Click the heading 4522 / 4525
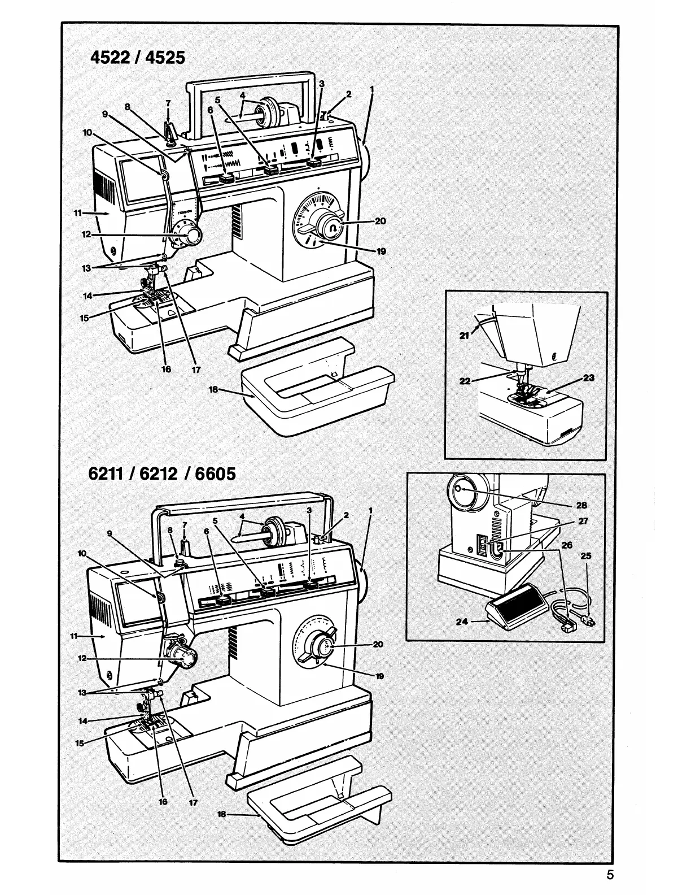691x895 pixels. tap(137, 57)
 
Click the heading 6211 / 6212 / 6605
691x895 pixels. tap(162, 472)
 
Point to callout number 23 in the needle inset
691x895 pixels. tap(589, 377)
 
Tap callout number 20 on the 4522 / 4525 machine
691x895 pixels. tap(381, 221)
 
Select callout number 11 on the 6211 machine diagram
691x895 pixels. tap(73, 636)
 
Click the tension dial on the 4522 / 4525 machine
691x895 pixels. tap(190, 234)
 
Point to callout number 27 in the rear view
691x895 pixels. tap(584, 521)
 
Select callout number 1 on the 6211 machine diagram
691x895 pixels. tap(370, 510)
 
